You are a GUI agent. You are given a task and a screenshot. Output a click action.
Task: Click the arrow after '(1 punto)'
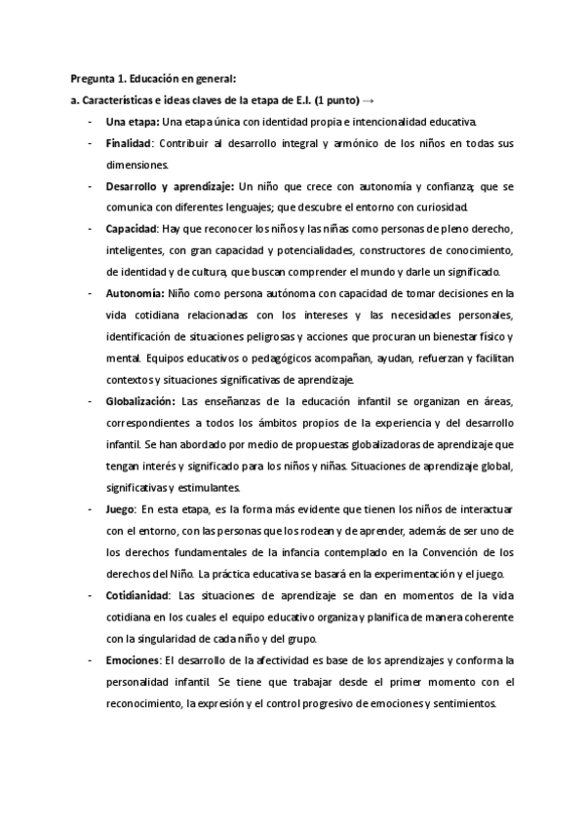[x=370, y=100]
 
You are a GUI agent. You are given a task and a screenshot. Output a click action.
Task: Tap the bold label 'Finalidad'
[x=131, y=143]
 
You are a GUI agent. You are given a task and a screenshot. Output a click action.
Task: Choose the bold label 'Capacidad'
[x=132, y=228]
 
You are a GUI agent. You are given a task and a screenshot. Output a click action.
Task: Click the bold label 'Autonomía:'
[x=135, y=292]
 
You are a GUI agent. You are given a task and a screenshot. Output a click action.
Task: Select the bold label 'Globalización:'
[x=140, y=399]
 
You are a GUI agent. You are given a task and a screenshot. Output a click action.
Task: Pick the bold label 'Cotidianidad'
[x=137, y=594]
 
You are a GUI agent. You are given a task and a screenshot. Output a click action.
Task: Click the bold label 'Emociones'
[x=133, y=659]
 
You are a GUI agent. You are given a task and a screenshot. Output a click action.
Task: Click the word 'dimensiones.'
[x=136, y=165]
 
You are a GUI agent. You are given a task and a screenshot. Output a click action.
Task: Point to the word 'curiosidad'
[x=445, y=206]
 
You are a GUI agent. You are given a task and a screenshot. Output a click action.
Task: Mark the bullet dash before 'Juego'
[x=90, y=508]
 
